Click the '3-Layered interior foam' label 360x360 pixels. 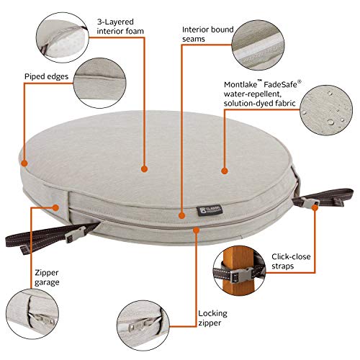click(x=120, y=27)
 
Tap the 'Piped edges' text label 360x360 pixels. click(x=46, y=76)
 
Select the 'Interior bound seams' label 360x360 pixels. click(x=207, y=34)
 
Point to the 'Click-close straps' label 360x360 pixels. click(x=291, y=261)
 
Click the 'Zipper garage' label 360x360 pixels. click(x=47, y=277)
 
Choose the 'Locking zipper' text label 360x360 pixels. click(x=212, y=318)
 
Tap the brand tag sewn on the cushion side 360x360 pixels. click(x=210, y=210)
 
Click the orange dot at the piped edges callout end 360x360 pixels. click(x=24, y=163)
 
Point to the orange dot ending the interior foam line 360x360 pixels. click(x=144, y=169)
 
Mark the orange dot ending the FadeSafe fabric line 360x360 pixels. click(x=225, y=171)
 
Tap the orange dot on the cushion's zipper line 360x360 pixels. click(x=197, y=230)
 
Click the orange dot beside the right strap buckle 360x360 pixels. click(x=315, y=207)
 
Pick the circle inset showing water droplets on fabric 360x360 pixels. click(x=326, y=110)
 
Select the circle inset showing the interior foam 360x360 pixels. click(x=63, y=37)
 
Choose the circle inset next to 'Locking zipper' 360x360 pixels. click(x=143, y=325)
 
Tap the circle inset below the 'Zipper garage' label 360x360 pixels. click(x=32, y=314)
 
